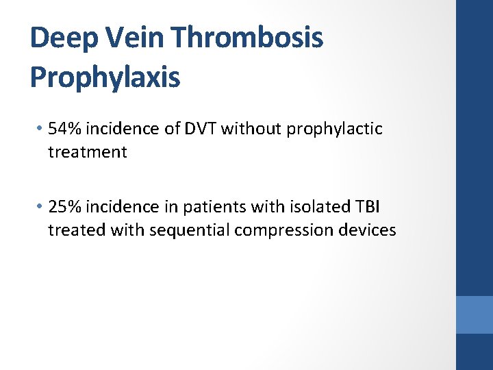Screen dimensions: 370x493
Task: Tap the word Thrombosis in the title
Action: [253, 38]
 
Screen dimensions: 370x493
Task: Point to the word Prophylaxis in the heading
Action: [105, 77]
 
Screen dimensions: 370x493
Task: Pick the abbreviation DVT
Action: [200, 129]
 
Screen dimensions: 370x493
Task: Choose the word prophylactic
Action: [334, 129]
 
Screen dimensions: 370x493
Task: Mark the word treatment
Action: [87, 152]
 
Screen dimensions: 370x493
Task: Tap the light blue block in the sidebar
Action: [475, 314]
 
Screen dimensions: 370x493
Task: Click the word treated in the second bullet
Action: [73, 230]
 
